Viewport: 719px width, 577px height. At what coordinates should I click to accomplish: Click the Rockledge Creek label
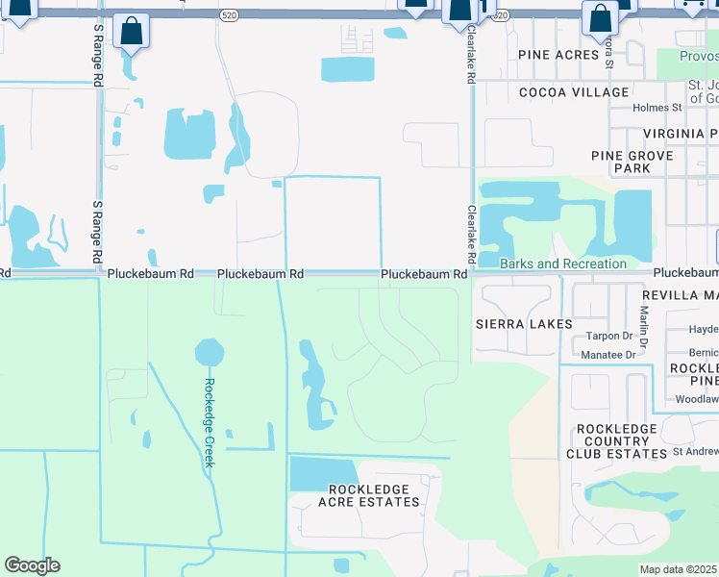pos(209,423)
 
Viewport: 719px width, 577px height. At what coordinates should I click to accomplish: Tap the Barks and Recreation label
pos(563,263)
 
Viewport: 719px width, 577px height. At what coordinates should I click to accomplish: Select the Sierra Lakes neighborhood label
pos(524,324)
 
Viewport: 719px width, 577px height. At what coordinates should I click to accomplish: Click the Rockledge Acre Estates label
pos(369,495)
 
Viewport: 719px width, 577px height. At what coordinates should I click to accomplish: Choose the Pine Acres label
pos(558,55)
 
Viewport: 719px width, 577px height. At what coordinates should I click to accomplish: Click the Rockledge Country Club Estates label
pos(616,441)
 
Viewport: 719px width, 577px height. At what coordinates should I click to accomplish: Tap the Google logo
pos(32,565)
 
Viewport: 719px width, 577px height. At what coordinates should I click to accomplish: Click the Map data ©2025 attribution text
pos(679,569)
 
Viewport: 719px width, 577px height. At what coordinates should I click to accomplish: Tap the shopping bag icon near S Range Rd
pos(131,32)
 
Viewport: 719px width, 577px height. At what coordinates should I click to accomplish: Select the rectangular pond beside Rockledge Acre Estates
pos(322,473)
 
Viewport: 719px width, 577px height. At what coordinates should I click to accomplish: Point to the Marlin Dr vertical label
pos(644,327)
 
